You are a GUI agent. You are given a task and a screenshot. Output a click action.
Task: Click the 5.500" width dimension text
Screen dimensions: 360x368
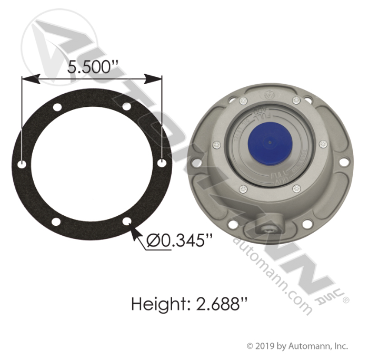point(91,67)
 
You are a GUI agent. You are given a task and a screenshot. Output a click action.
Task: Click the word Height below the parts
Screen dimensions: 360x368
point(155,304)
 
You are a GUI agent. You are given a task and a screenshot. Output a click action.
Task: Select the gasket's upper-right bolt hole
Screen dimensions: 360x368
point(126,107)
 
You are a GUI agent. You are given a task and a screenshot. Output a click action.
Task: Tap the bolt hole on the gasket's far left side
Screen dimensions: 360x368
point(22,165)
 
